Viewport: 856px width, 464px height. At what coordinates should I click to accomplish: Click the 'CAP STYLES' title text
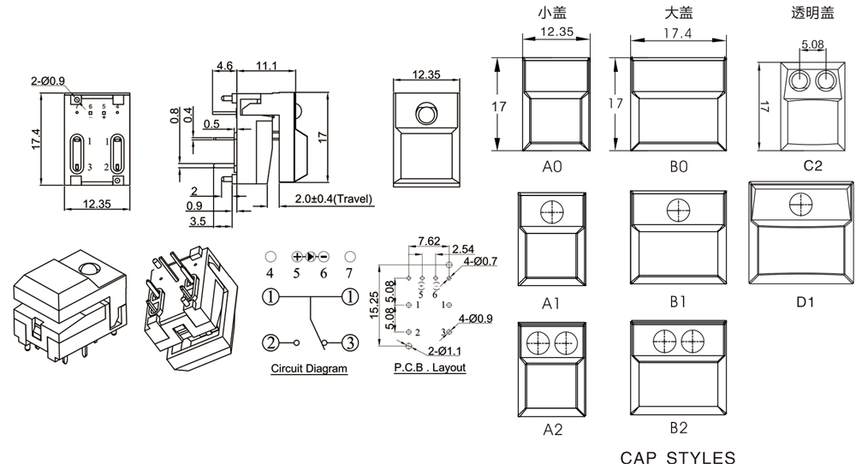(677, 456)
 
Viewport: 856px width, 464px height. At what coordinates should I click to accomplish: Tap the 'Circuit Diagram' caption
(309, 369)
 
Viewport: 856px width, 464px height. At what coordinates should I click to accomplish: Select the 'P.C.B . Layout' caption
(430, 368)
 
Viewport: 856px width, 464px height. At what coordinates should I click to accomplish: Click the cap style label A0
(552, 167)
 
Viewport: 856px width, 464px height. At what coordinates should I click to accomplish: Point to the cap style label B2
(679, 427)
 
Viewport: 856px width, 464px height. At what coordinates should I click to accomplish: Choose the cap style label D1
(805, 301)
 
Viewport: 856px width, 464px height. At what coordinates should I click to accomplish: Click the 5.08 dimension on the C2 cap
(812, 45)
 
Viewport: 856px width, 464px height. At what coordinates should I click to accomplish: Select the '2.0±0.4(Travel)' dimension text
(334, 199)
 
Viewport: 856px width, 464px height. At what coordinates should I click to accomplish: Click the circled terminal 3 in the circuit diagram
(349, 343)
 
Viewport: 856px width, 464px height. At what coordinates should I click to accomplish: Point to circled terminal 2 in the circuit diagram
(270, 343)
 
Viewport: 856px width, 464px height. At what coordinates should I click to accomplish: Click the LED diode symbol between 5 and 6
(311, 256)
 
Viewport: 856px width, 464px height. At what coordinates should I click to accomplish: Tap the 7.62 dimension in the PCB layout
(429, 241)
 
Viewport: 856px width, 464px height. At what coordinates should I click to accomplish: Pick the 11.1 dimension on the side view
(265, 66)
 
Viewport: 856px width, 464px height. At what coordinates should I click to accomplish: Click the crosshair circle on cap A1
(550, 211)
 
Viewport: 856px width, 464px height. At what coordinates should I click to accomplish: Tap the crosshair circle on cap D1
(801, 205)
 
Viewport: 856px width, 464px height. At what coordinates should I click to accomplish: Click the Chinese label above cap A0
(552, 12)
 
